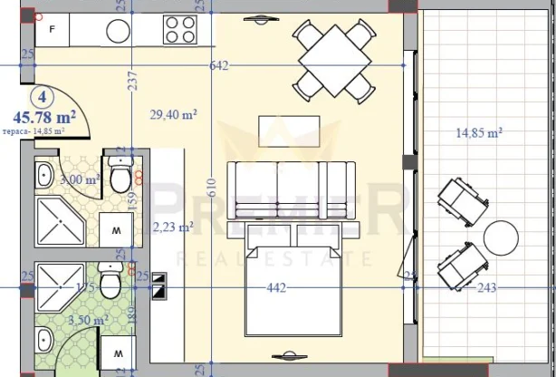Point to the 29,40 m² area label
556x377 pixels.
pyautogui.click(x=173, y=114)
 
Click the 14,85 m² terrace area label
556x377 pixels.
pyautogui.click(x=479, y=133)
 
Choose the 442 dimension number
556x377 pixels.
pyautogui.click(x=277, y=288)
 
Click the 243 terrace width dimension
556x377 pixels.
pyautogui.click(x=485, y=288)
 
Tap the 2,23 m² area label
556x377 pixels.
pyautogui.click(x=174, y=227)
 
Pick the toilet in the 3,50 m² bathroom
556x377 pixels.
pyautogui.click(x=109, y=281)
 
